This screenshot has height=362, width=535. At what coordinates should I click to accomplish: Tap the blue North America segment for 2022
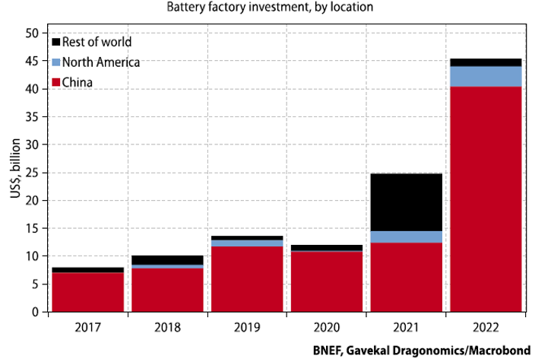pyautogui.click(x=486, y=76)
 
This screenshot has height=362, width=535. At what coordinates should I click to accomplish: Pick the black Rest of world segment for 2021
pyautogui.click(x=406, y=202)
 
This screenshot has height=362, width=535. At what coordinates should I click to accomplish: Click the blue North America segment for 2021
pyautogui.click(x=406, y=237)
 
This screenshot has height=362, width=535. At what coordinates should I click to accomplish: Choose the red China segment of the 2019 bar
pyautogui.click(x=247, y=279)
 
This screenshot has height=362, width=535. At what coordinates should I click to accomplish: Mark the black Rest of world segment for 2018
pyautogui.click(x=167, y=260)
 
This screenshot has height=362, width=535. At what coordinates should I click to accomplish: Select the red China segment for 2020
pyautogui.click(x=327, y=281)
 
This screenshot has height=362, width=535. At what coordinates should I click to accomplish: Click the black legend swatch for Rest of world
pyautogui.click(x=55, y=42)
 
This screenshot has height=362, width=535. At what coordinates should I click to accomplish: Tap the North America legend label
pyautogui.click(x=101, y=62)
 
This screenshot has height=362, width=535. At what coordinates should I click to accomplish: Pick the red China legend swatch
pyautogui.click(x=55, y=81)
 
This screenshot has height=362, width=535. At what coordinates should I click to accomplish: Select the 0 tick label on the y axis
pyautogui.click(x=35, y=312)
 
